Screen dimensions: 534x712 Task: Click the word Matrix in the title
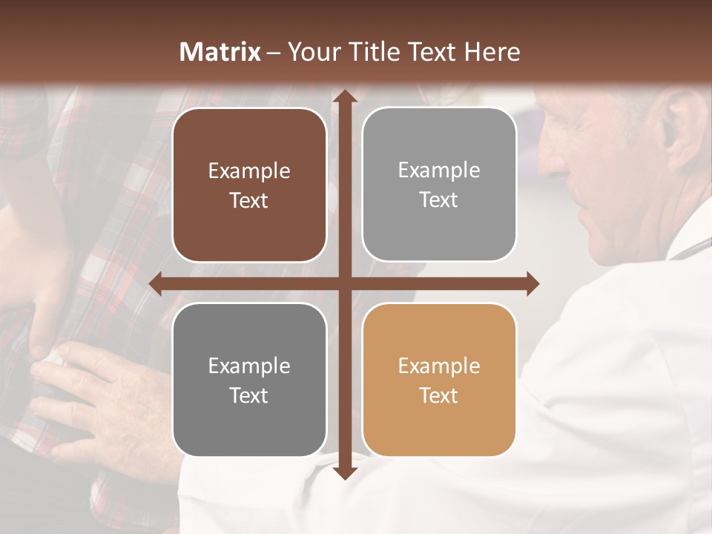tap(220, 52)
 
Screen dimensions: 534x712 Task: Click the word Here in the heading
tap(492, 52)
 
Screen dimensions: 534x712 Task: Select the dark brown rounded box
tap(249, 185)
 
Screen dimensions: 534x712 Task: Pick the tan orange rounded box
tap(439, 380)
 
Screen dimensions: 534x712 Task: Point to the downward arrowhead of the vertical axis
tap(343, 472)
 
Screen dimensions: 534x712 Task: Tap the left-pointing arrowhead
tap(156, 283)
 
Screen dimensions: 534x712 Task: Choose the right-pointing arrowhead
tap(532, 283)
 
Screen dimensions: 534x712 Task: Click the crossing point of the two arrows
tap(343, 283)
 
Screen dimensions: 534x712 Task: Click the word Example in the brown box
tap(249, 171)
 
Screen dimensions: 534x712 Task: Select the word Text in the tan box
tap(439, 395)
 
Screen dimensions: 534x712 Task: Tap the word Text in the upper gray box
tap(439, 200)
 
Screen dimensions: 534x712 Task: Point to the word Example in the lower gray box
tap(249, 366)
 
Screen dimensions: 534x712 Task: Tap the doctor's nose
tap(553, 159)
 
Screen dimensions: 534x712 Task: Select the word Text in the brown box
tap(249, 201)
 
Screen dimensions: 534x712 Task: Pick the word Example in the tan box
tap(439, 366)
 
